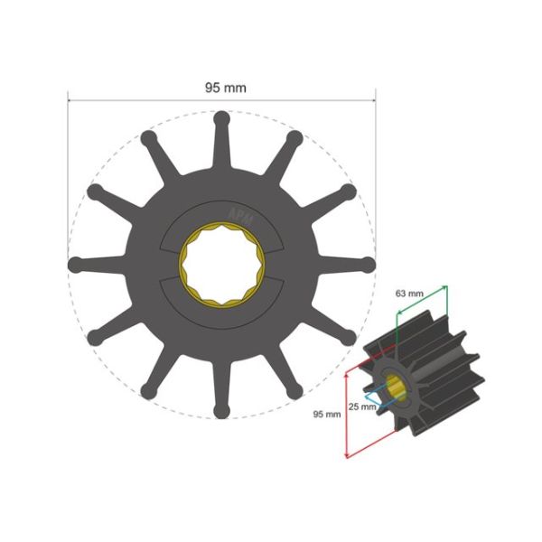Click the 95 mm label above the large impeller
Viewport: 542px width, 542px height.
pyautogui.click(x=222, y=88)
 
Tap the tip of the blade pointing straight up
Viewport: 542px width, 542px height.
pyautogui.click(x=221, y=117)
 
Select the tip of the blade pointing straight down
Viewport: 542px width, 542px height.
pyautogui.click(x=221, y=412)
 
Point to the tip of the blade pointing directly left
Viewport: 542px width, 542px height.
pyautogui.click(x=75, y=265)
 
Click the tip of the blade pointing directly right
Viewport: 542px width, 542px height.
pyautogui.click(x=368, y=265)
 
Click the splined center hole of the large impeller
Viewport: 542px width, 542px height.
pyautogui.click(x=221, y=265)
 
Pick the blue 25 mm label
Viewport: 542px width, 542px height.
pyautogui.click(x=361, y=406)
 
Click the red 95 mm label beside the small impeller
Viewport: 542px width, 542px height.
pyautogui.click(x=326, y=414)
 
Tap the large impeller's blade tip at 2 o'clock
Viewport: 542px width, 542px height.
pyautogui.click(x=349, y=192)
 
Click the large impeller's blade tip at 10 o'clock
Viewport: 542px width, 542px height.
pyautogui.click(x=94, y=192)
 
